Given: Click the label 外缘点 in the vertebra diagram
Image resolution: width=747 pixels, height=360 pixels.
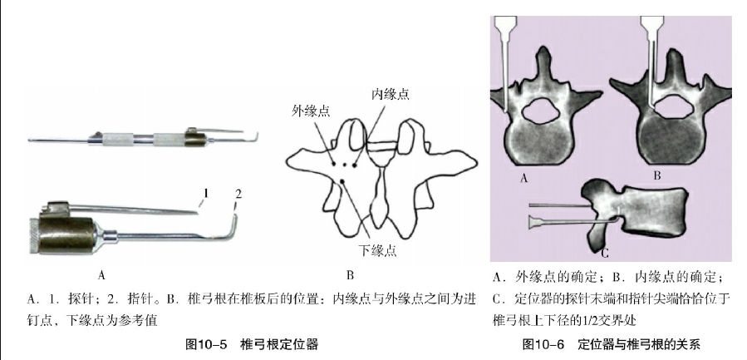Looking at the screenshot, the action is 311,111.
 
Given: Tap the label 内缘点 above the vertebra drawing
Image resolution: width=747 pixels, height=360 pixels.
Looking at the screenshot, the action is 391,94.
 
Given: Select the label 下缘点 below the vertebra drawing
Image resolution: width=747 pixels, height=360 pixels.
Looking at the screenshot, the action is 377,250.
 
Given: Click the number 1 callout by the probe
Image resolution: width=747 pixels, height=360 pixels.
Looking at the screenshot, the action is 206,193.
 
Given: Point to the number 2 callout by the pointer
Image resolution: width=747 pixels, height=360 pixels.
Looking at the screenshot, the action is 238,194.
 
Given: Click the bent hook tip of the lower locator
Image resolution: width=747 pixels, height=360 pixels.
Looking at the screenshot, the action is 234,217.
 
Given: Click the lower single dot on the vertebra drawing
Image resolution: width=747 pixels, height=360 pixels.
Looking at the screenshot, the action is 342,180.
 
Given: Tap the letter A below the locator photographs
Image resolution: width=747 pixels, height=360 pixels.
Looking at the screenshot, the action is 101,275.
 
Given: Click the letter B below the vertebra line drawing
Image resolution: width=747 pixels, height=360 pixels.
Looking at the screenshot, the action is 350,275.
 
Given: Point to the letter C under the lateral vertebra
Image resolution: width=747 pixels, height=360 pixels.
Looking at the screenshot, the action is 605,254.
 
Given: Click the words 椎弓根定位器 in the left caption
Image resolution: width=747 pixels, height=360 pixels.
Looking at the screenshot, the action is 279,344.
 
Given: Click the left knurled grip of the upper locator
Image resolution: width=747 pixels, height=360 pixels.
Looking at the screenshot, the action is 118,139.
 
